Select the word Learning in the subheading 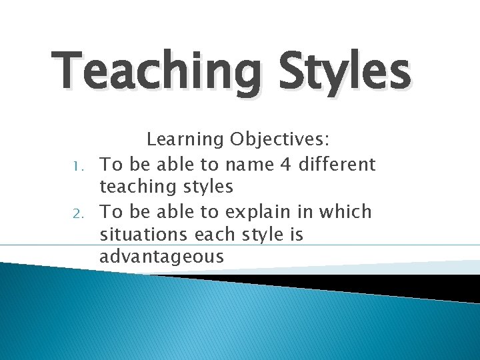pos(185,139)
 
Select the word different pos(333,164)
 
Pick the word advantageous pos(162,257)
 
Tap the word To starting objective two pos(111,212)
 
